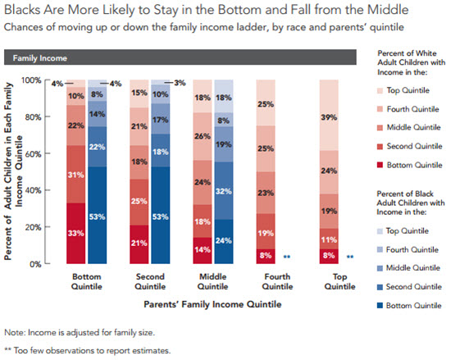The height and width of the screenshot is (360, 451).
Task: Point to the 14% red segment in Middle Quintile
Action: tap(201, 251)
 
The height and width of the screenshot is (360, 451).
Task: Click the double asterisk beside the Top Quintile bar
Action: tap(349, 257)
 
